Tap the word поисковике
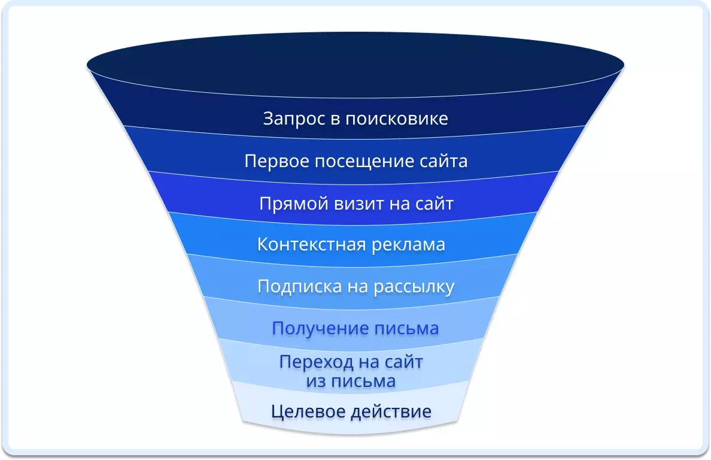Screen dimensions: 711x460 [397, 119]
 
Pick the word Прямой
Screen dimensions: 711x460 [294, 204]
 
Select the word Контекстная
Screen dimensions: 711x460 [312, 244]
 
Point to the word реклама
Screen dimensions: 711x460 [409, 245]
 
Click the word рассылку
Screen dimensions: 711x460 [414, 287]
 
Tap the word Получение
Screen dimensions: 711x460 [315, 328]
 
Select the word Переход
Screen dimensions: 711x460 [316, 362]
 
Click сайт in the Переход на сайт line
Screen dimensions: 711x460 [403, 362]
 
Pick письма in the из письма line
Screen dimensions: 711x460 [364, 381]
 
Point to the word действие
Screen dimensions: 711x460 [391, 412]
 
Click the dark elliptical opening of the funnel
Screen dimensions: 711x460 [355, 65]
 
